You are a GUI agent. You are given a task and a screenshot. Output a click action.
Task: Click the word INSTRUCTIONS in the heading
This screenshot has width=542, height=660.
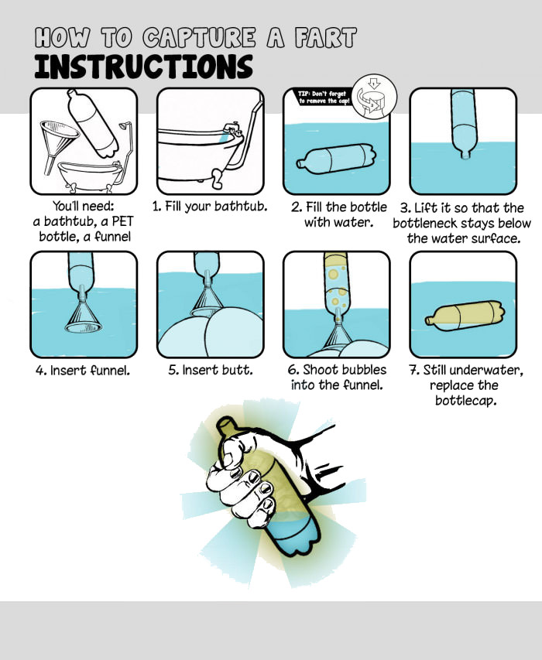pyautogui.click(x=143, y=67)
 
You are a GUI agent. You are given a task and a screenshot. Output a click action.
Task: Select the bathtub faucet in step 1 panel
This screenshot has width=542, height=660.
pyautogui.click(x=232, y=128)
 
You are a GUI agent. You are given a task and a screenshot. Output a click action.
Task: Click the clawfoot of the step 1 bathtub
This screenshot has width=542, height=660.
pyautogui.click(x=218, y=179)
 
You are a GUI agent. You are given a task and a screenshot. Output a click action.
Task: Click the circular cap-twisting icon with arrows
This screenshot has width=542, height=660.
pyautogui.click(x=374, y=97)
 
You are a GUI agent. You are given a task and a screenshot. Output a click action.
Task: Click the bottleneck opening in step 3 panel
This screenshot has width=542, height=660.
pyautogui.click(x=465, y=156)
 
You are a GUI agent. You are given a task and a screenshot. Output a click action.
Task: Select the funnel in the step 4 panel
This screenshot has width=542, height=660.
pyautogui.click(x=84, y=310)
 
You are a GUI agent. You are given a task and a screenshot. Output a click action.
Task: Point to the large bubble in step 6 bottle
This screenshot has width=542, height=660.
pyautogui.click(x=333, y=275)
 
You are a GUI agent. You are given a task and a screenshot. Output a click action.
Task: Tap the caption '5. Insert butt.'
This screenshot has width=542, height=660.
pyautogui.click(x=211, y=370)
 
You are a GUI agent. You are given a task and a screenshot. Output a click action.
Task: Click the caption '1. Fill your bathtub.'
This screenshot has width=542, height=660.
pyautogui.click(x=210, y=207)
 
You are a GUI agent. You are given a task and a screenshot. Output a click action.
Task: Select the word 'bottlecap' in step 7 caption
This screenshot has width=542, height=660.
pyautogui.click(x=465, y=400)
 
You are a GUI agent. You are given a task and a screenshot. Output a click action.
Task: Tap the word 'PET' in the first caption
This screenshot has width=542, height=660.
pyautogui.click(x=122, y=221)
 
